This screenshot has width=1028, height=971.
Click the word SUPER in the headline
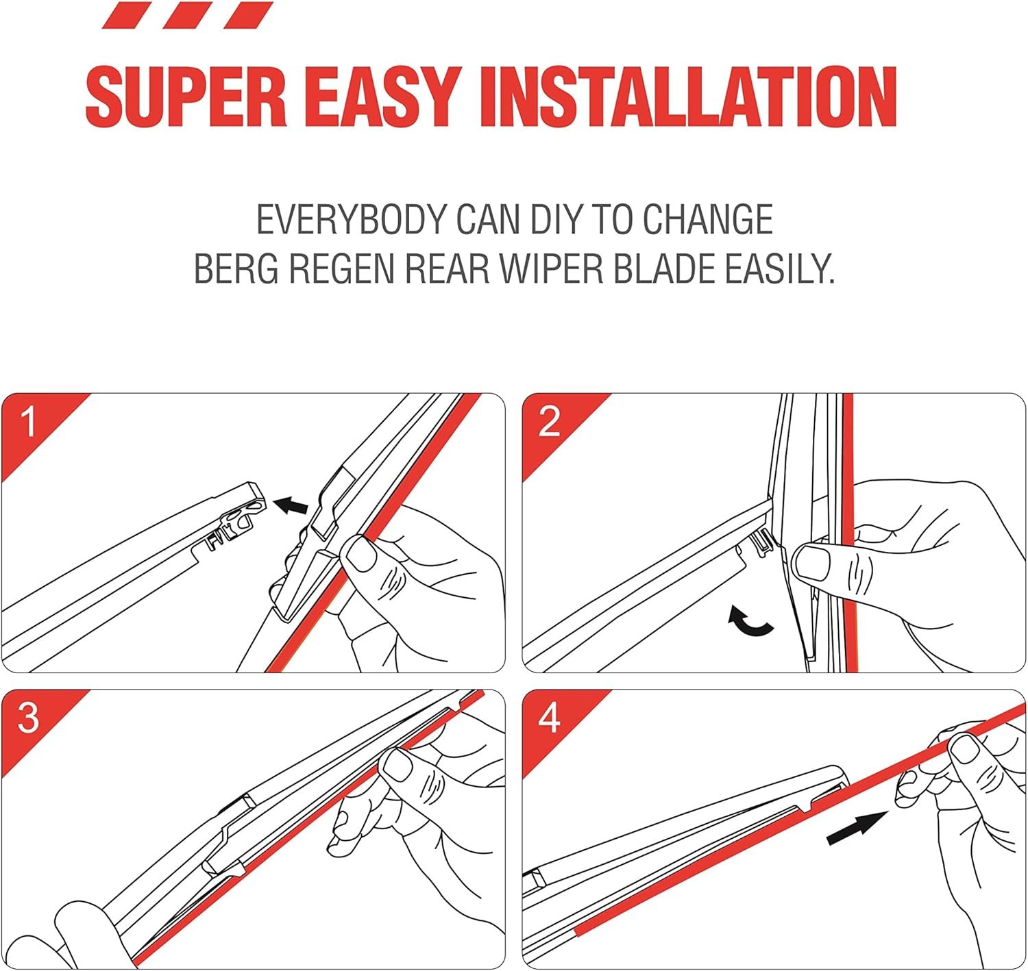pos(186,97)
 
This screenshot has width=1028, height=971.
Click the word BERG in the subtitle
pos(236,268)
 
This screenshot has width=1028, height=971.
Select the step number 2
pos(549,422)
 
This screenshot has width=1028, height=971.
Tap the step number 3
pos(28,718)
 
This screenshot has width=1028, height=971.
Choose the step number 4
pos(549,718)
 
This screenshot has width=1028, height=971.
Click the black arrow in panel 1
pos(291,505)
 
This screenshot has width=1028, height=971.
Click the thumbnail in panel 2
pos(812,562)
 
